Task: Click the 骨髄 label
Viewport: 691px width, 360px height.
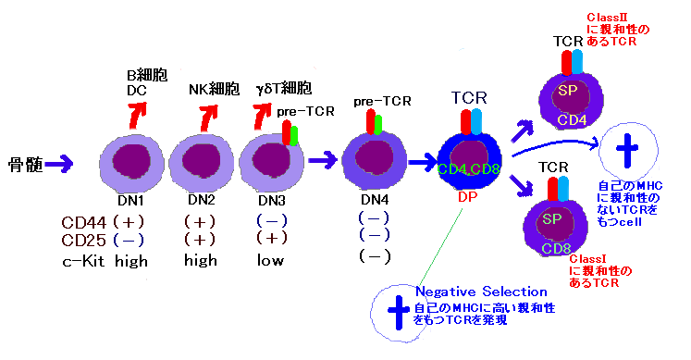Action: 26,165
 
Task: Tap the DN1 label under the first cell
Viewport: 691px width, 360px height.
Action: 130,201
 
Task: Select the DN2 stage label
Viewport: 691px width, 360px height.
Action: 202,200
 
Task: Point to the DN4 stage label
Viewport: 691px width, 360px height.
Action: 375,200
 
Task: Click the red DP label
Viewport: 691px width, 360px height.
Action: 467,197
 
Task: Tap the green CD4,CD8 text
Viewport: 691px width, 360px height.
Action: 468,169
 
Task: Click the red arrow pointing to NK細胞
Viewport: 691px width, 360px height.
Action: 208,118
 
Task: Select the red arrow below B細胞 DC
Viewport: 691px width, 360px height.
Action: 137,116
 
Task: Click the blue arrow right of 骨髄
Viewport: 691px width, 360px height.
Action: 59,165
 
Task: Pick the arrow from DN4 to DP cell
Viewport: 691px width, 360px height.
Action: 422,162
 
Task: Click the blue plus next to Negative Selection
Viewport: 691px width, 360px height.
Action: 399,313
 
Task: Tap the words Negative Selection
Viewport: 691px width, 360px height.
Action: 481,292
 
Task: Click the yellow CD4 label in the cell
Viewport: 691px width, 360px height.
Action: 572,120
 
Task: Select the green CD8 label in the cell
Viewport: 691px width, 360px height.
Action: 556,249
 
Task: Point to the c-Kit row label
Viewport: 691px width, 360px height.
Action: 83,261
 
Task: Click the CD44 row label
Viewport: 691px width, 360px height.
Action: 84,222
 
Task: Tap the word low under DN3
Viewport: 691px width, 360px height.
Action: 271,260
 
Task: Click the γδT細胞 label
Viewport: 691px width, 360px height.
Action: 284,89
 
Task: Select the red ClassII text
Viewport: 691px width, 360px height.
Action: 607,18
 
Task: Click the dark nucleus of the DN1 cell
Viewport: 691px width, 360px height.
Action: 131,161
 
